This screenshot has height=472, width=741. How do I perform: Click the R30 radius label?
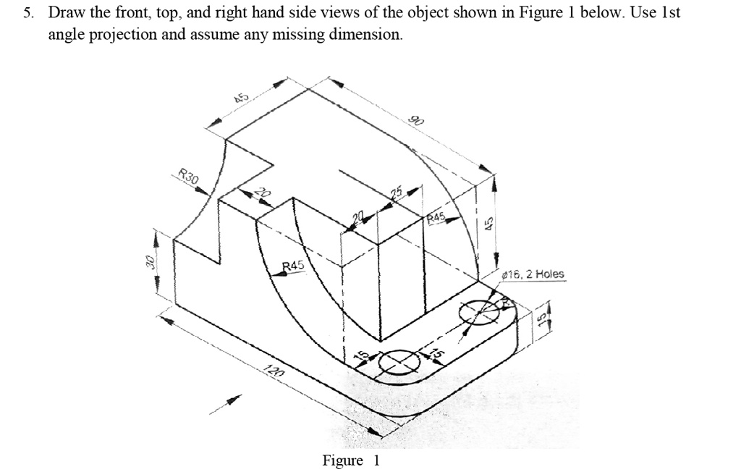click(188, 176)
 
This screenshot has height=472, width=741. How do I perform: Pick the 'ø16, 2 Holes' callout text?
click(534, 274)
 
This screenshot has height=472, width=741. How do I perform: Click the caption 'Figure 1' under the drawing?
click(351, 460)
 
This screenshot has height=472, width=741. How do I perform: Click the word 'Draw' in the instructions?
click(64, 14)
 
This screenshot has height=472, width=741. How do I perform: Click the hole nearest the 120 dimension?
click(399, 360)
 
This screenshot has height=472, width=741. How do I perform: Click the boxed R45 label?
click(436, 216)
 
